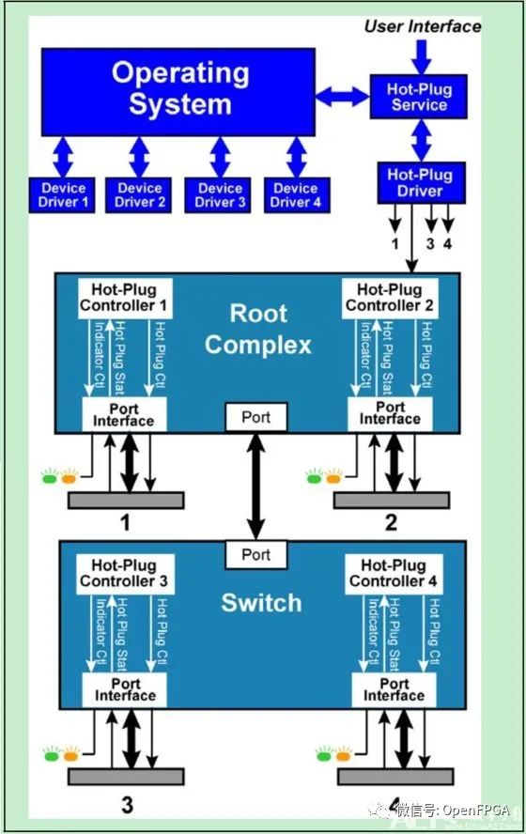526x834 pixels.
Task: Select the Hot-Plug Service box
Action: click(419, 98)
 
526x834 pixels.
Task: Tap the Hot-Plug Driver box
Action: click(419, 182)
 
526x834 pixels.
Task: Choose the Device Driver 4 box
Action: click(295, 194)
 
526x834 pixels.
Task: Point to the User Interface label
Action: click(422, 26)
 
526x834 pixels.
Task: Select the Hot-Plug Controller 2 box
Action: click(389, 298)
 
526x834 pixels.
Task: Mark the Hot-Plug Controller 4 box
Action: click(394, 574)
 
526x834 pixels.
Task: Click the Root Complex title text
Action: click(257, 329)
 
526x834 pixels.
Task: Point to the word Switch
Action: click(261, 602)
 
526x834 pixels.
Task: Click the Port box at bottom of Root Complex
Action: click(255, 416)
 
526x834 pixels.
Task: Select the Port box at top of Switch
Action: click(255, 554)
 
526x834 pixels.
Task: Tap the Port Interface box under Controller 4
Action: click(394, 689)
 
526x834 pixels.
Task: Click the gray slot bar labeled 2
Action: click(391, 500)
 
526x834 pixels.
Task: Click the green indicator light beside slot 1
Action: click(50, 477)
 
